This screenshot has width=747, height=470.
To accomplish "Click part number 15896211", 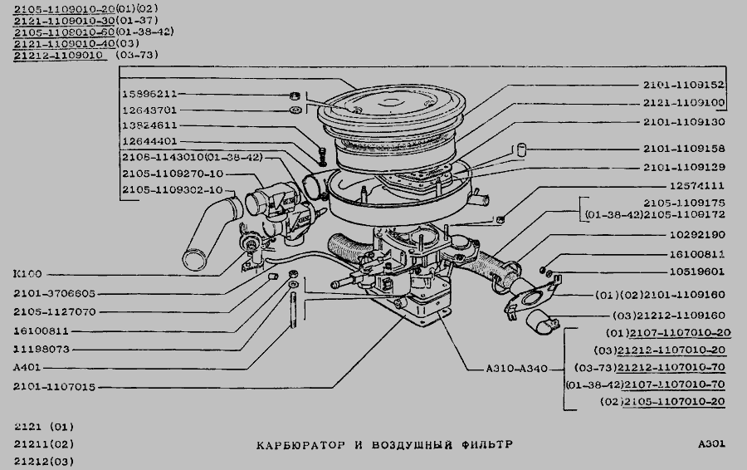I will [149, 95].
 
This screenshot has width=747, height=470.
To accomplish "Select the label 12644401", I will [149, 141].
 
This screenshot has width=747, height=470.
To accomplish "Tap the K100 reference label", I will [27, 273].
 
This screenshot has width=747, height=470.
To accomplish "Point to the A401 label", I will [27, 366].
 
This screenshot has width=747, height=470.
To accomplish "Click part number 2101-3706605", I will [54, 292].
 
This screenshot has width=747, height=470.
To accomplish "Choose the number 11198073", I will [41, 349].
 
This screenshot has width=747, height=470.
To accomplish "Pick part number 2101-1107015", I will [54, 386].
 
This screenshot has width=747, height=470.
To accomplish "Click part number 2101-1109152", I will [684, 86].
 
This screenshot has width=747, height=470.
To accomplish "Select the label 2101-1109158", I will [684, 149].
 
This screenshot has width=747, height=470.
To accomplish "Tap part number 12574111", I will [697, 186].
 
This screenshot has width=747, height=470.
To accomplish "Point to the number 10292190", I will [697, 235].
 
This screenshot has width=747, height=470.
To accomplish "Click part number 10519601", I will [697, 271].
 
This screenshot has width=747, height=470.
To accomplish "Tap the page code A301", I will [711, 444].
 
